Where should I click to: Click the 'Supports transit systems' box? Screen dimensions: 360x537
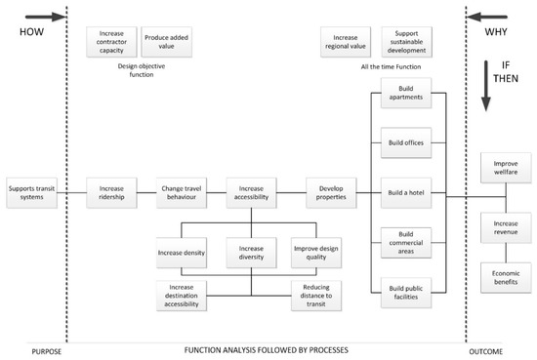[30, 192]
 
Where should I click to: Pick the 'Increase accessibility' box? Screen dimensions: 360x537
[253, 192]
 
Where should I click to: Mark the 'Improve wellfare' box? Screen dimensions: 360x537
[506, 166]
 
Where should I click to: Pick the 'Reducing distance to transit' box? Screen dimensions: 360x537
[316, 296]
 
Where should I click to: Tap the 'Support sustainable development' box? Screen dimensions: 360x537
[404, 41]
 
